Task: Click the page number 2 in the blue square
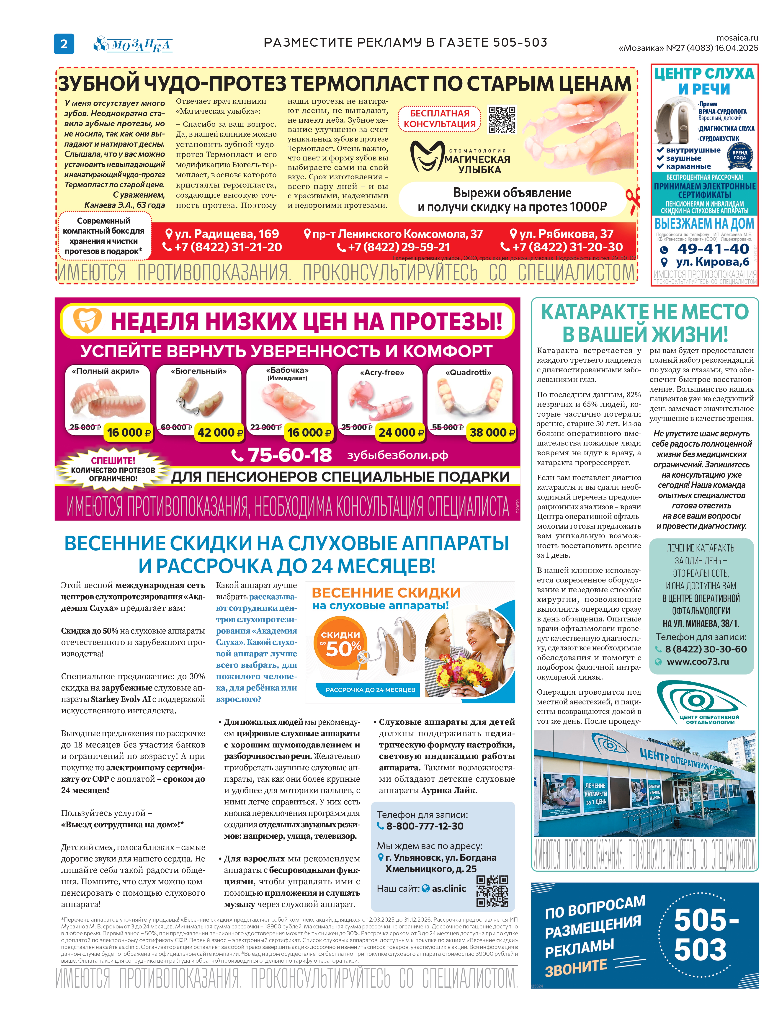point(64,44)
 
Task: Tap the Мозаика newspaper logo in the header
point(133,44)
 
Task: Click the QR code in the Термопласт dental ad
point(502,120)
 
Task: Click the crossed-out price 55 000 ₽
point(447,427)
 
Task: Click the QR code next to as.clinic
point(492,892)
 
